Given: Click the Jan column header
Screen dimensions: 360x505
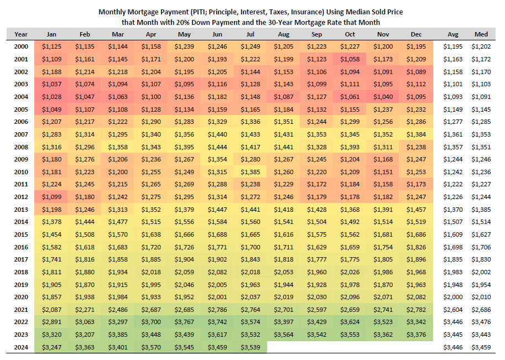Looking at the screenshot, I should pos(52,34).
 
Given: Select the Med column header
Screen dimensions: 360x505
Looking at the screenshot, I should pos(481,34).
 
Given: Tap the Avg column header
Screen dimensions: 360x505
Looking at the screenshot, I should pos(452,34).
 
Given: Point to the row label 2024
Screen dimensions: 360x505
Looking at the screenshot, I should pos(21,347).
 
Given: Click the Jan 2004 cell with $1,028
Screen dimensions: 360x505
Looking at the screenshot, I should pos(52,97).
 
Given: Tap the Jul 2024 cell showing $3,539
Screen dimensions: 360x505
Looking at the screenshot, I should pos(251,347).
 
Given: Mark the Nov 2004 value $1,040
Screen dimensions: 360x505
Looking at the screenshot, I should pos(383,97).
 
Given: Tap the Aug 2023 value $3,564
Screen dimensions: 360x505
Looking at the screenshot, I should pos(283,335).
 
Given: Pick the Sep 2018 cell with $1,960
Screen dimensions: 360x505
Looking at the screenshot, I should pos(316,272).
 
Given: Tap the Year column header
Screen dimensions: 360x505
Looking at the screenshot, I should pos(21,34).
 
